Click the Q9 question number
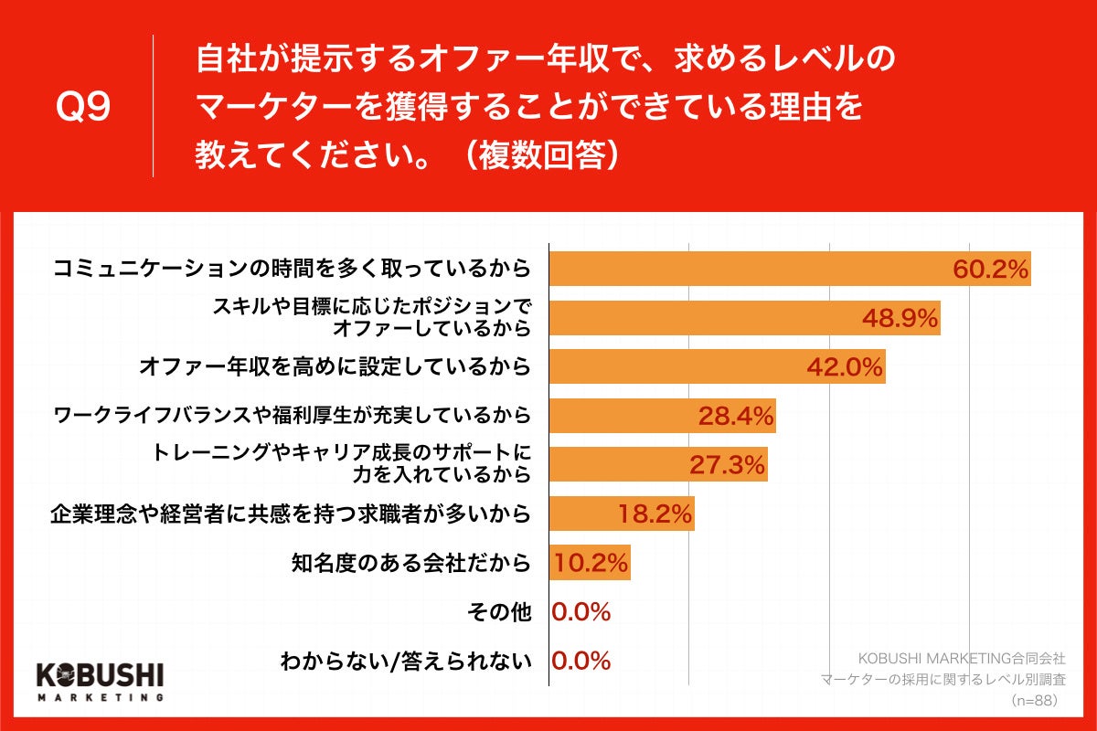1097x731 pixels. click(x=83, y=108)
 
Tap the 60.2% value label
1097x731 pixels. click(x=991, y=270)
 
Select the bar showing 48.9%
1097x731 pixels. click(x=744, y=318)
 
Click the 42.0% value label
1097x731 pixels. click(x=844, y=367)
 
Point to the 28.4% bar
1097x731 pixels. click(x=662, y=417)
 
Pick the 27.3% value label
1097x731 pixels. click(x=726, y=465)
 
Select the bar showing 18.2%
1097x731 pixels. click(x=622, y=514)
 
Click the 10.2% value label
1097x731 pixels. click(x=590, y=563)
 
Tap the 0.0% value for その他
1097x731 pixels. click(x=580, y=612)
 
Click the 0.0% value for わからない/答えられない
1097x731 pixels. click(x=580, y=661)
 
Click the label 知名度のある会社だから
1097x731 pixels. click(x=409, y=563)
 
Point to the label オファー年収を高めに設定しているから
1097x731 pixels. click(x=335, y=367)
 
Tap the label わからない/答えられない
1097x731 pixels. click(x=405, y=661)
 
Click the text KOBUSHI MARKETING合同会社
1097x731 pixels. click(x=962, y=658)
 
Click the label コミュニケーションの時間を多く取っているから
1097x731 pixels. click(x=292, y=269)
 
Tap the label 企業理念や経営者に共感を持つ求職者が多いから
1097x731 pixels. click(x=290, y=514)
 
